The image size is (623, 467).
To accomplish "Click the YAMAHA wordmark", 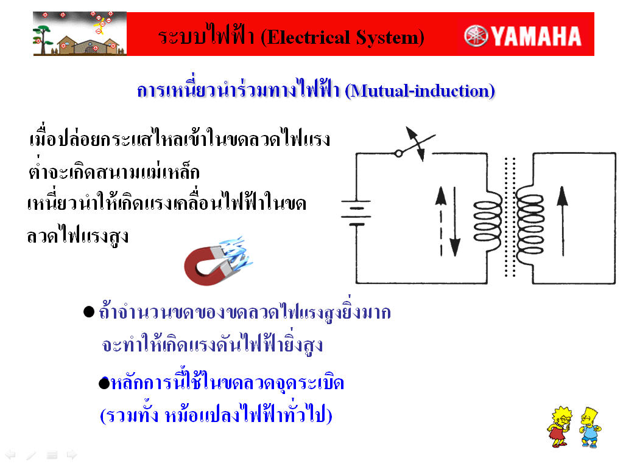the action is [x=537, y=36].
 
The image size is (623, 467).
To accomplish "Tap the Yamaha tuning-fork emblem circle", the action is [x=476, y=36].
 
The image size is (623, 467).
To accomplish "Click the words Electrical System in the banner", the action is [x=342, y=37].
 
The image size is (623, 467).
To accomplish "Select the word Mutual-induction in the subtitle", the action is [x=420, y=91].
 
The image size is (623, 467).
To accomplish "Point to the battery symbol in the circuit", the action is [x=356, y=213].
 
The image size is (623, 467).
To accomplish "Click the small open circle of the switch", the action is [x=398, y=153].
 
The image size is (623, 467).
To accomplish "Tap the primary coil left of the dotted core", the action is [x=488, y=221].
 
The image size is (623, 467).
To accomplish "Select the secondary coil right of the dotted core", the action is [x=530, y=220].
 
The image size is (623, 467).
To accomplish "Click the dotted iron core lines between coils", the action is [x=510, y=216].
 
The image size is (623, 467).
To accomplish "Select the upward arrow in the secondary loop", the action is [x=562, y=221].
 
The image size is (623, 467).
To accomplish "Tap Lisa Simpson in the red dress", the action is [x=560, y=427].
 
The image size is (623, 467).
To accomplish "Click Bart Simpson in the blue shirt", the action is [x=591, y=427].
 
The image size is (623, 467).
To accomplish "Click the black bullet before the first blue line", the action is [x=89, y=312].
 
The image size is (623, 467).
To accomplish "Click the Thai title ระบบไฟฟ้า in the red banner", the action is [x=206, y=36].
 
